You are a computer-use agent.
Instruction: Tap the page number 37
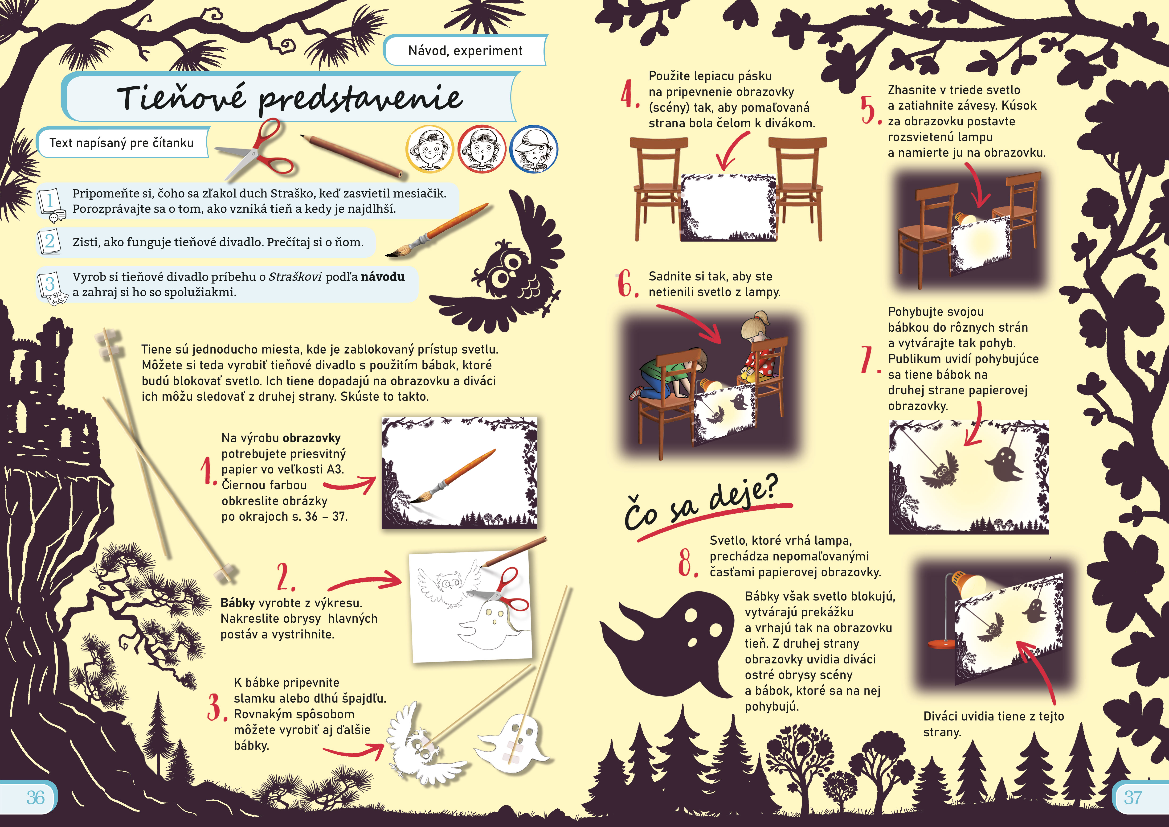tap(1133, 798)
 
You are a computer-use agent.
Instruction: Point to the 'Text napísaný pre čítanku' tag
tap(122, 143)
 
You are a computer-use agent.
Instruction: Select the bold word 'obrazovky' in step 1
tap(312, 438)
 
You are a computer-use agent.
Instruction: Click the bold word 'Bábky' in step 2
tap(238, 603)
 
